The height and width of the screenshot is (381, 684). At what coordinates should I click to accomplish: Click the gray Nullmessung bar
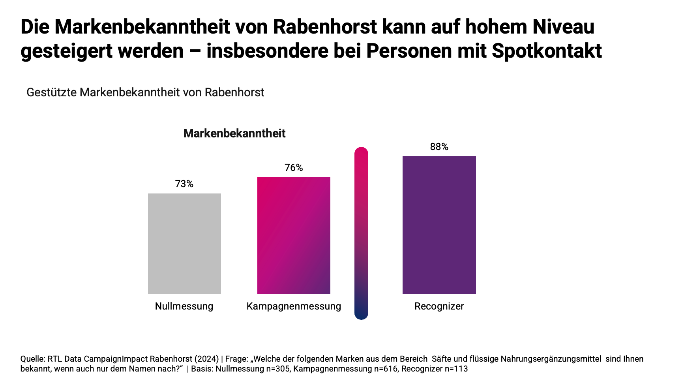(x=184, y=243)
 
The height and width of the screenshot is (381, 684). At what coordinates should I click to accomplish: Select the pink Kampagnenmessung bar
(x=294, y=235)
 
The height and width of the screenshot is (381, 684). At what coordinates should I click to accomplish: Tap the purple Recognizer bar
(x=439, y=225)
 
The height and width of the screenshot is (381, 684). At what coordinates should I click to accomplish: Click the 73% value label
(x=184, y=184)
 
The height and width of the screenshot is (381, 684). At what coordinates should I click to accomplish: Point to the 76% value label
(x=294, y=168)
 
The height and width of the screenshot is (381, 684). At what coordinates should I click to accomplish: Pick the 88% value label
(x=439, y=147)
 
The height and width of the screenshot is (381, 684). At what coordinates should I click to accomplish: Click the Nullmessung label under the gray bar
(x=184, y=306)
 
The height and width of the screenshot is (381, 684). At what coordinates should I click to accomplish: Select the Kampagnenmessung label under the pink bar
(x=294, y=306)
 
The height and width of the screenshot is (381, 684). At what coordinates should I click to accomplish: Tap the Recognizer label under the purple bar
(x=439, y=306)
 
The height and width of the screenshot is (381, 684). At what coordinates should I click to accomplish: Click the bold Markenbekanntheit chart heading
(x=234, y=133)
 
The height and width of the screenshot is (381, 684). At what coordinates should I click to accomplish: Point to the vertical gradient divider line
(x=361, y=233)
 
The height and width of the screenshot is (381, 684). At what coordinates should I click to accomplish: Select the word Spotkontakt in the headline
(x=547, y=51)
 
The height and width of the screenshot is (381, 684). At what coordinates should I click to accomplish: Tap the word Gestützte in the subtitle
(x=52, y=92)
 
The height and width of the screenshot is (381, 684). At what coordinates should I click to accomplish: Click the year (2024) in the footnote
(x=206, y=359)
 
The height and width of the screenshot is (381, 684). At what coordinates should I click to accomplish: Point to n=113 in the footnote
(x=456, y=369)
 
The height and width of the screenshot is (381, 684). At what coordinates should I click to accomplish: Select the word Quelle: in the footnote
(x=33, y=359)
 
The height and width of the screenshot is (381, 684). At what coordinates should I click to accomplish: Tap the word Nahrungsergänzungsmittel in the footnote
(x=551, y=359)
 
